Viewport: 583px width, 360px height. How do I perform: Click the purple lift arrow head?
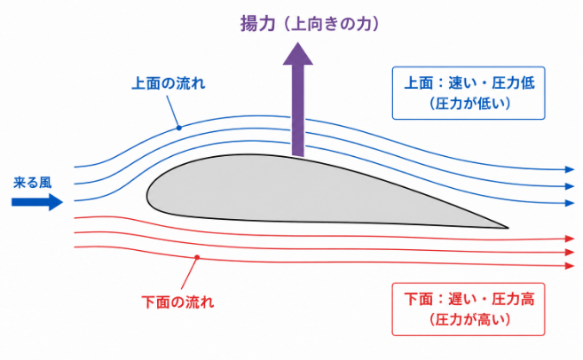click(x=298, y=54)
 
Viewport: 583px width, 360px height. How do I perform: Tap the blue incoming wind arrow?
click(x=37, y=202)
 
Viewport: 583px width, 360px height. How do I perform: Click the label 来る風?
click(x=32, y=183)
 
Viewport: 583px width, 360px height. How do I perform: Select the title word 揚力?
click(x=257, y=24)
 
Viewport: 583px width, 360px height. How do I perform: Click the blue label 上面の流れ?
click(x=169, y=83)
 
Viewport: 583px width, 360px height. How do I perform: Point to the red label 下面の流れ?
click(x=177, y=301)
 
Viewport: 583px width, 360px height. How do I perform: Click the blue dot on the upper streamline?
click(x=179, y=128)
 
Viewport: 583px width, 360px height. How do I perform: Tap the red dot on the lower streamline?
click(x=197, y=257)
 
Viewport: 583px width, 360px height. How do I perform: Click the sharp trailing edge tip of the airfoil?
click(x=508, y=227)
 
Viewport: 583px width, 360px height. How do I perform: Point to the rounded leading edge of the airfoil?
click(x=147, y=195)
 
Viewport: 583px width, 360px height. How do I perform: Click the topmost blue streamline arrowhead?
click(x=570, y=169)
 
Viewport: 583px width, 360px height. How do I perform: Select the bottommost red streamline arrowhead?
click(x=570, y=266)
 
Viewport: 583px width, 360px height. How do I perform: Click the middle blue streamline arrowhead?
click(x=570, y=185)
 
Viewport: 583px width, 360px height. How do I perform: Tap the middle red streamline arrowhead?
click(x=570, y=252)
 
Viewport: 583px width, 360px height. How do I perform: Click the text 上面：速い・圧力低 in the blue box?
click(x=469, y=82)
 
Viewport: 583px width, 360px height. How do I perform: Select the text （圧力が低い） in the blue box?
click(x=469, y=103)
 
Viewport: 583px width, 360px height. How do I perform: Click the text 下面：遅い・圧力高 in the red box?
click(x=469, y=299)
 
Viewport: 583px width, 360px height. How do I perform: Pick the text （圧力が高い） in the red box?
click(x=469, y=319)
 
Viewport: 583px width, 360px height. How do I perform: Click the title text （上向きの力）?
click(x=331, y=24)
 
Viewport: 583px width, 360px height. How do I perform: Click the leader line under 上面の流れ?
click(x=172, y=111)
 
